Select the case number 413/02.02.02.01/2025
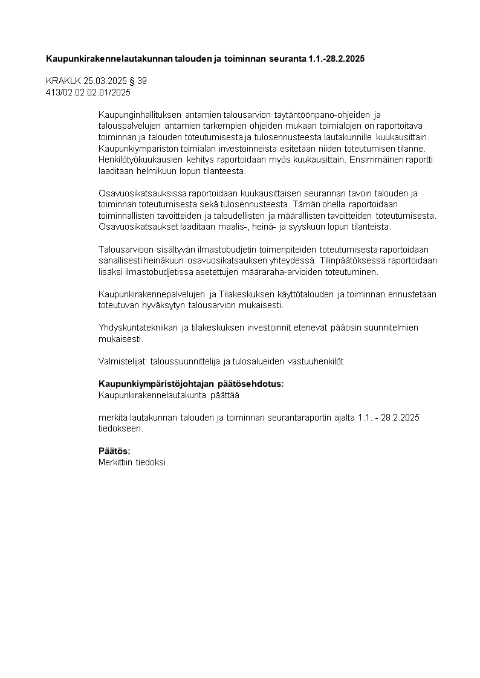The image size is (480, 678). (88, 92)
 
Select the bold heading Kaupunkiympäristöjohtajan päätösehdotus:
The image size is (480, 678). (191, 384)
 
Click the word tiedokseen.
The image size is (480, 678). (121, 428)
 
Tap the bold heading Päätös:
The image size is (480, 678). (114, 451)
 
